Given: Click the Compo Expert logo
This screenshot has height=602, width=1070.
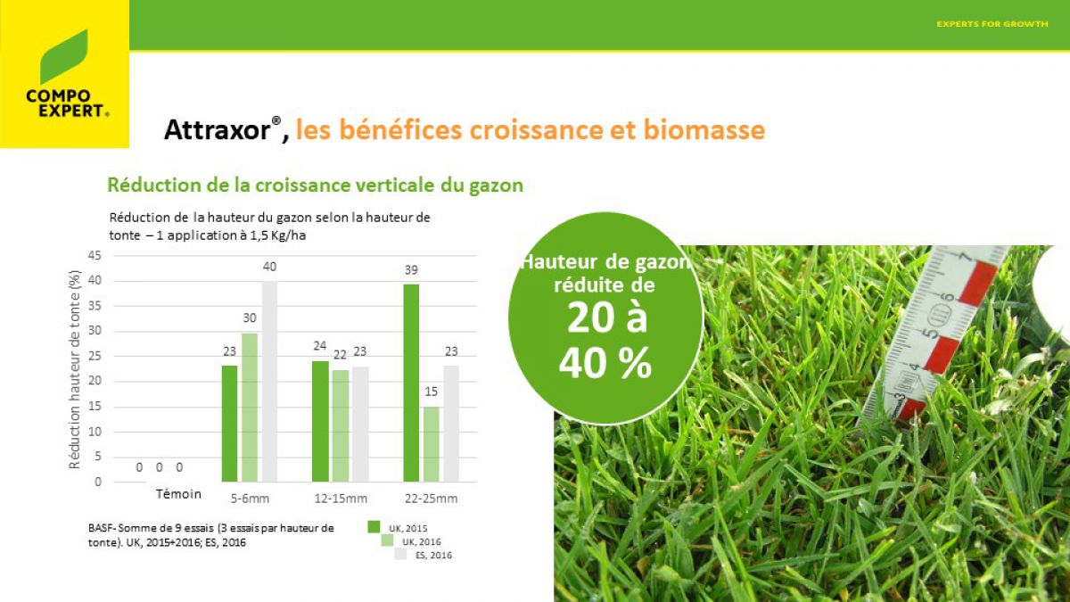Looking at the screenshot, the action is [x=64, y=73].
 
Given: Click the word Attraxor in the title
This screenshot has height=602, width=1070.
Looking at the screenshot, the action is [x=218, y=129].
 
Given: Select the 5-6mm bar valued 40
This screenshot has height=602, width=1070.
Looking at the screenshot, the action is [x=269, y=382].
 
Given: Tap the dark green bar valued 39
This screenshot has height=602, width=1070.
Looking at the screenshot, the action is [x=411, y=383].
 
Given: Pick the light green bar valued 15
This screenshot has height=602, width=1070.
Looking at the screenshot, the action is [x=431, y=444].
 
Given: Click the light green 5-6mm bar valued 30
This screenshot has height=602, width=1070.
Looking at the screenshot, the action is [x=250, y=407].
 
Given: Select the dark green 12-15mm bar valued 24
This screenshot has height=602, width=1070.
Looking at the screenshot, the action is [x=320, y=421].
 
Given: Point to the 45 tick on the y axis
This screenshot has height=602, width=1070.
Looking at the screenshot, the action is [x=95, y=256].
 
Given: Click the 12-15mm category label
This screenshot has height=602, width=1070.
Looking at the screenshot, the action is [x=341, y=499].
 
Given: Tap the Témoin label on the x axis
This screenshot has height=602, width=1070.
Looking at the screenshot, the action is [x=178, y=494].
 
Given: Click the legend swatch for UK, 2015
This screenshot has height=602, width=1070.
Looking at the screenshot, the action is [x=374, y=526].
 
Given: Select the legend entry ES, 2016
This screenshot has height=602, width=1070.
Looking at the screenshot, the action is [x=433, y=555].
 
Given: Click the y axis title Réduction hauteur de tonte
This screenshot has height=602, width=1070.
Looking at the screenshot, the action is [x=75, y=369].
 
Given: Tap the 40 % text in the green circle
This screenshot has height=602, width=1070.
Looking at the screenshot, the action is [x=605, y=363].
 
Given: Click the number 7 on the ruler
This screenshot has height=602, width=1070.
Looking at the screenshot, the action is [x=966, y=258].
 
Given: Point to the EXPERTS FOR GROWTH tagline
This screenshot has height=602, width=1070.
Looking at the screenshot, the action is [x=992, y=24].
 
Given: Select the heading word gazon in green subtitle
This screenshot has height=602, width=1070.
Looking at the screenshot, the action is [x=496, y=186].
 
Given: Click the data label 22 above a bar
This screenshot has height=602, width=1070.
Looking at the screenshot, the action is [x=340, y=355].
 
